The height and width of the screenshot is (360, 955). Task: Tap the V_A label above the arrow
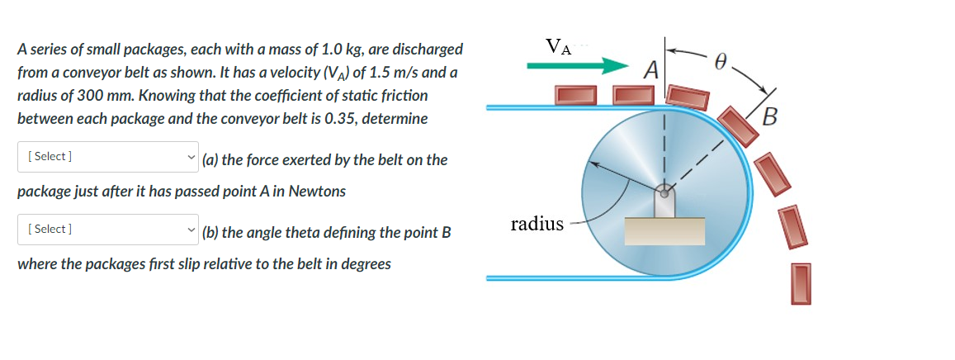tap(556, 43)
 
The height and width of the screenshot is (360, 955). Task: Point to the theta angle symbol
tap(721, 59)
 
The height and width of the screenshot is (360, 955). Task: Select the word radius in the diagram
tap(537, 223)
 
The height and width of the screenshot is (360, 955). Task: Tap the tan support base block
tap(664, 231)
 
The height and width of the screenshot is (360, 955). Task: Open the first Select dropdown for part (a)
tap(108, 156)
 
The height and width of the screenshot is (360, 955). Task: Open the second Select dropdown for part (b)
tap(108, 229)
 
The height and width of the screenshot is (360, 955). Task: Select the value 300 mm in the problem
tap(97, 96)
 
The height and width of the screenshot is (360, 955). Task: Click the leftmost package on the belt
tap(576, 96)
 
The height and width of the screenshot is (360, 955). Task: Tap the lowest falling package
tap(800, 283)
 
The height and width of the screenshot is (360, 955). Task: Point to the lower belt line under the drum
tap(578, 278)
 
